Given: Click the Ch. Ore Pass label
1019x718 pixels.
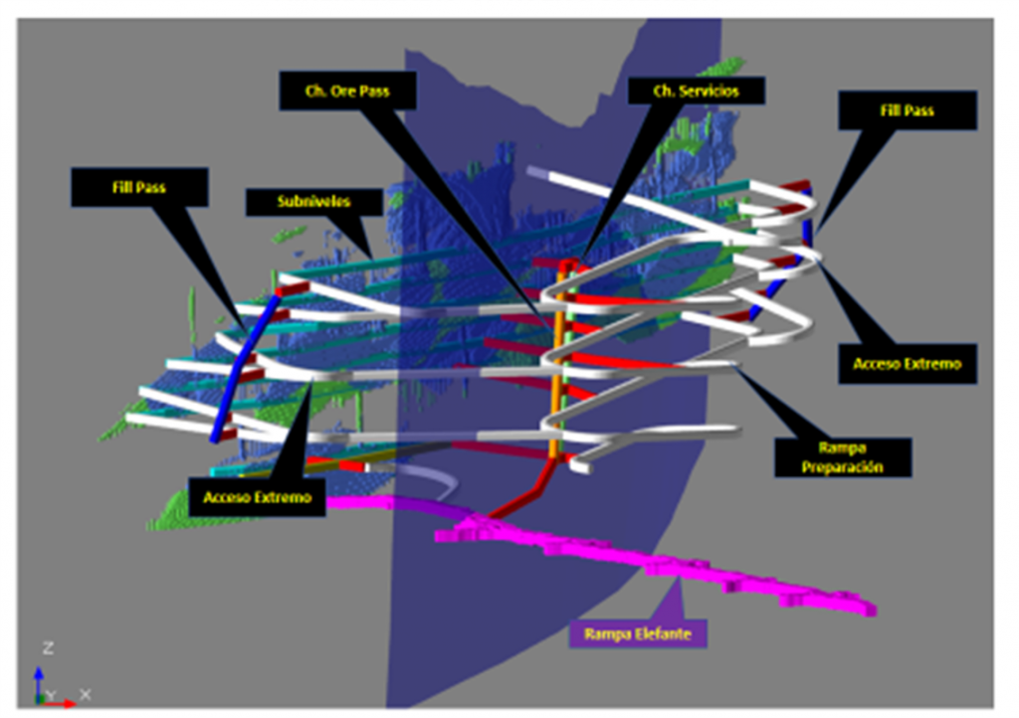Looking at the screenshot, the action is [347, 90].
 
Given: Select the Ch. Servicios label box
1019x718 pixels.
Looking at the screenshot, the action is [696, 90].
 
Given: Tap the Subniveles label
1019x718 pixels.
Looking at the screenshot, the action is [313, 202].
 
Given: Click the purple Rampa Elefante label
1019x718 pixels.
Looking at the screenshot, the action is [638, 633].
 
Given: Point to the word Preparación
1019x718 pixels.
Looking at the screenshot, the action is [842, 467].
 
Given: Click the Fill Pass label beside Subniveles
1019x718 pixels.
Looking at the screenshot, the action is [139, 188].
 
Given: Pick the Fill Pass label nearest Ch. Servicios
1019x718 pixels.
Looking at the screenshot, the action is [908, 110].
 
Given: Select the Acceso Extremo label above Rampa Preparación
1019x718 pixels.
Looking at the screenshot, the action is [908, 364].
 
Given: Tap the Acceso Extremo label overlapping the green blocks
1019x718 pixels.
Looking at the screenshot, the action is [258, 497].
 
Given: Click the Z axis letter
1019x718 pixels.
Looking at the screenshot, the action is [48, 647].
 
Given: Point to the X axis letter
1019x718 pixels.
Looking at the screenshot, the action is [86, 694].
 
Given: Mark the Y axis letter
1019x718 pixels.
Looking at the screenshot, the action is [52, 696].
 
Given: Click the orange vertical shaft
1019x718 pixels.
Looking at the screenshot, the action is [555, 364].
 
